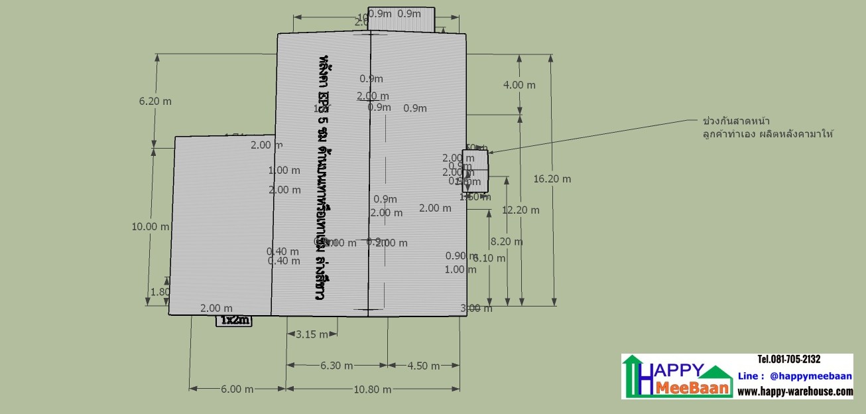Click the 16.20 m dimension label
(x=552, y=179)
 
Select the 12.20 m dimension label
(x=521, y=210)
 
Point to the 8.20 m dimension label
(x=506, y=242)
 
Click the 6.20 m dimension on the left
(x=155, y=102)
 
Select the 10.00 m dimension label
(x=150, y=226)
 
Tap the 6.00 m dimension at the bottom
(x=237, y=389)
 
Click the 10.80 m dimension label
(x=373, y=389)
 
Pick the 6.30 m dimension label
(x=336, y=366)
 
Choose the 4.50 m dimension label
(x=423, y=366)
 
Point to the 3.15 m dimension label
(x=311, y=334)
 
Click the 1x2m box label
(x=235, y=320)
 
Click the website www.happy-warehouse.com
(x=795, y=391)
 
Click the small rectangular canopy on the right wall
(x=475, y=171)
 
